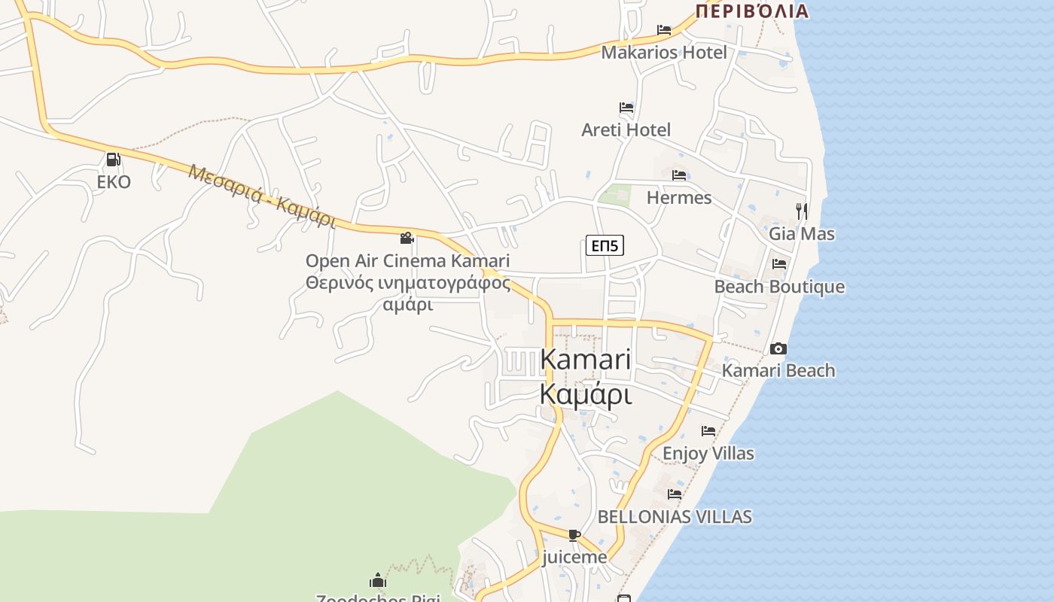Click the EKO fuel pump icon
coord(113,160)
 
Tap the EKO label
coord(114,181)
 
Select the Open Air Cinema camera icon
coord(407,239)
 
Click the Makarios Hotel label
coord(664,53)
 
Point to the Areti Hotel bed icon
coord(626,108)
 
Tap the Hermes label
coord(679,197)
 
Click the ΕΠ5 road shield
coord(605,245)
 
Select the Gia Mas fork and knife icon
coord(802,211)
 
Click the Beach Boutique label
coord(779,287)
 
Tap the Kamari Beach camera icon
coord(778,348)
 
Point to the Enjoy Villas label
coord(708,453)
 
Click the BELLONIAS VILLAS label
coord(675,517)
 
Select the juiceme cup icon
coord(574,535)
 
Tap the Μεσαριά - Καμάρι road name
coord(262,196)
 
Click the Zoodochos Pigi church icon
coord(378,580)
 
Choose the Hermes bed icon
coord(679,175)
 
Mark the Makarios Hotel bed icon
coord(664,30)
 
